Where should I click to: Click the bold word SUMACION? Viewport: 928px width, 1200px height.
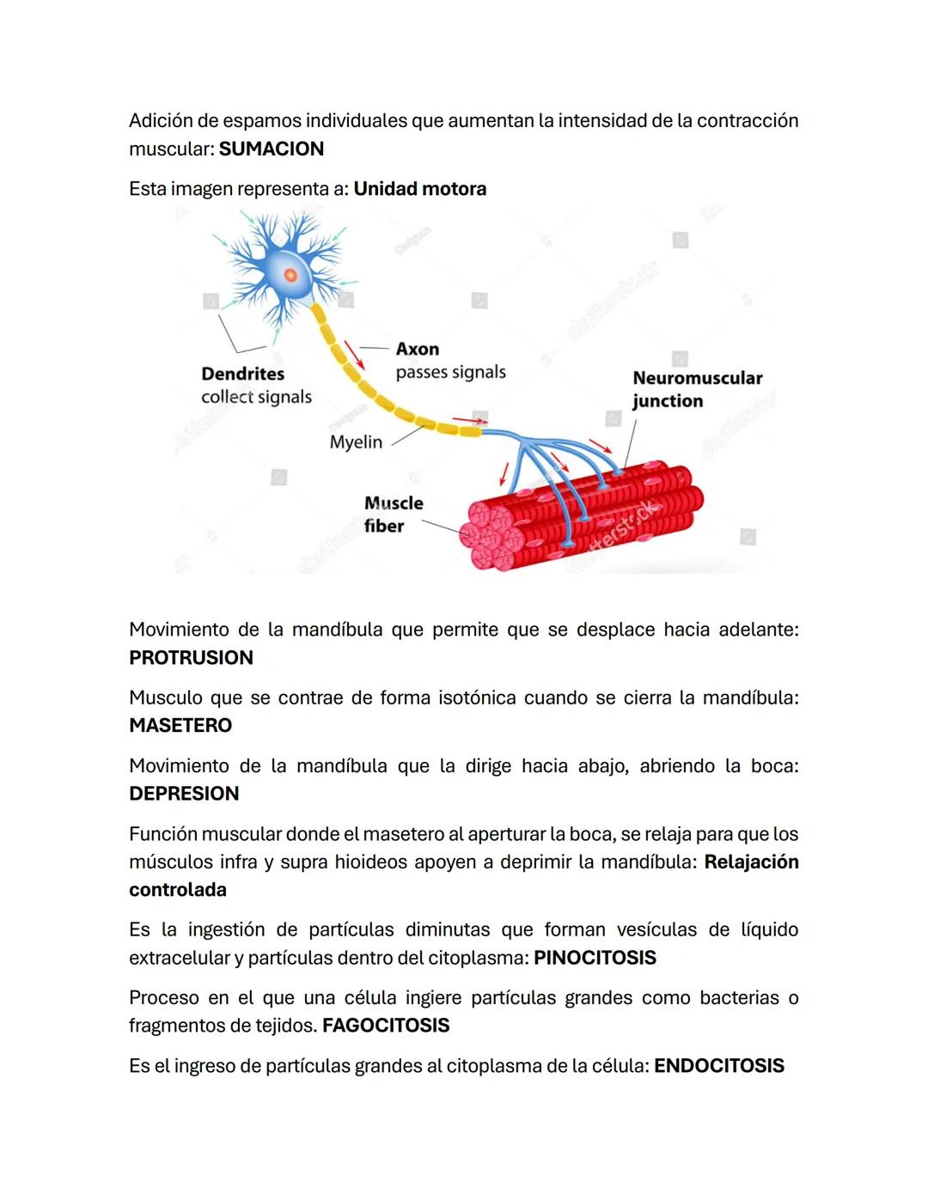point(271,149)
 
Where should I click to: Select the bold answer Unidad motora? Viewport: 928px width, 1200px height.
point(419,189)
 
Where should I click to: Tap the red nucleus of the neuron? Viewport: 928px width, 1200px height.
point(290,275)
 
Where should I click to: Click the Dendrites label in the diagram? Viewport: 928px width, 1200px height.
point(242,374)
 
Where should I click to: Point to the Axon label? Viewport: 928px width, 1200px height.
point(418,349)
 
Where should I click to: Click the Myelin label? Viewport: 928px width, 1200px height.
point(356,442)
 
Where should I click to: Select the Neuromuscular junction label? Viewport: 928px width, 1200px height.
point(697,389)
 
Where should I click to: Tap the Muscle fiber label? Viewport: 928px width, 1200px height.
point(393,515)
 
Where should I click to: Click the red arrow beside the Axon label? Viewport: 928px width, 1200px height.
point(354,354)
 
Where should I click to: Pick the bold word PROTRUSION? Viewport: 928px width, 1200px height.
point(191,657)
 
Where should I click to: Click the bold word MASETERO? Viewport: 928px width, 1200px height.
point(180,725)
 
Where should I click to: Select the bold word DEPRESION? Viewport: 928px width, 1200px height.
point(184,793)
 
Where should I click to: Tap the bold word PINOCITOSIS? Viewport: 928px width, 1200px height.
point(595,958)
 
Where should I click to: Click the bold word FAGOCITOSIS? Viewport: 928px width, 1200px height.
point(386,1026)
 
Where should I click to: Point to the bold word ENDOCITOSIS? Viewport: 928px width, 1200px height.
point(718,1066)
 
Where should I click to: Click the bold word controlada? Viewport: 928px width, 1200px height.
point(178,890)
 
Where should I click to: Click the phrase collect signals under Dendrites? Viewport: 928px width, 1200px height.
point(256,397)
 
